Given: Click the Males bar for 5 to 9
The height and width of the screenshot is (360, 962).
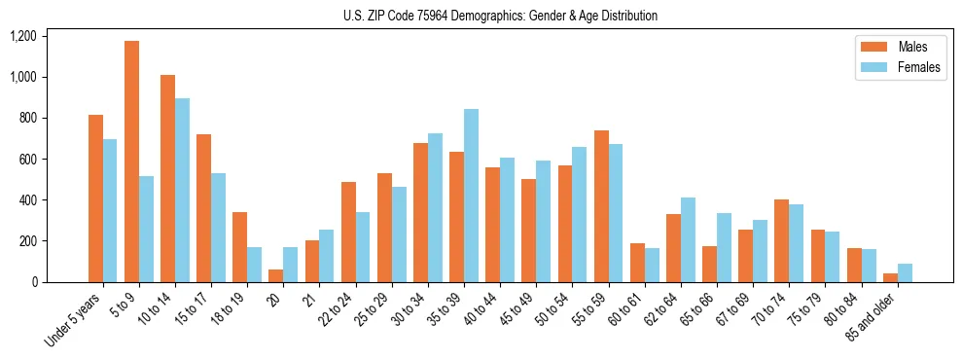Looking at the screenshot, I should (x=131, y=162).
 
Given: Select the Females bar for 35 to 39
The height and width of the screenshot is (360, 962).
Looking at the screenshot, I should (x=471, y=196).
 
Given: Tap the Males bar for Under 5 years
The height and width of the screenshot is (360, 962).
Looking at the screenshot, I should (x=95, y=198).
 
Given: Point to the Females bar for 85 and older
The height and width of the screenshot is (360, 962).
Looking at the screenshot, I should (x=905, y=272).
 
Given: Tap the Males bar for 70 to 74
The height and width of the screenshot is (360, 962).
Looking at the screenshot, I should (x=781, y=240).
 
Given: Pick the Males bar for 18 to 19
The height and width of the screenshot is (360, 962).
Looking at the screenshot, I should (x=239, y=247).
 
